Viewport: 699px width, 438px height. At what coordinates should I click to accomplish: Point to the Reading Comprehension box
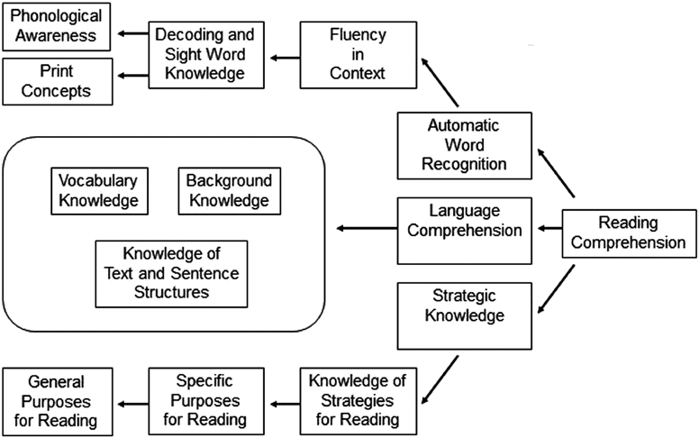(x=629, y=232)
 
